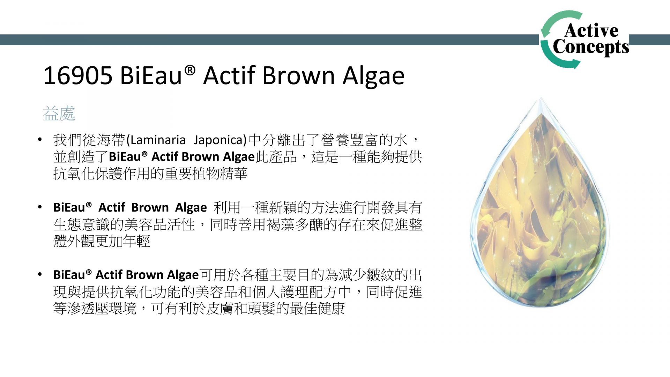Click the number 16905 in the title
pos(78,75)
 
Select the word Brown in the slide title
pos(299,75)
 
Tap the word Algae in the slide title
pos(374,77)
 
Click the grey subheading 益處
pos(59,113)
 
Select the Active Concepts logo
pos(585,39)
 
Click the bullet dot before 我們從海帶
pos(40,140)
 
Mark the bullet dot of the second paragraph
pos(40,207)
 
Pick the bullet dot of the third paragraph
pos(40,275)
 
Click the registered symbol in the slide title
pos(190,70)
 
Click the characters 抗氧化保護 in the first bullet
pos(81,173)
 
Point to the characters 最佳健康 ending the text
pos(317,309)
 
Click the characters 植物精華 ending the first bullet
pos(220,173)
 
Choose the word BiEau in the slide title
pos(151,75)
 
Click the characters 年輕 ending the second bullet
pos(136,241)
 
